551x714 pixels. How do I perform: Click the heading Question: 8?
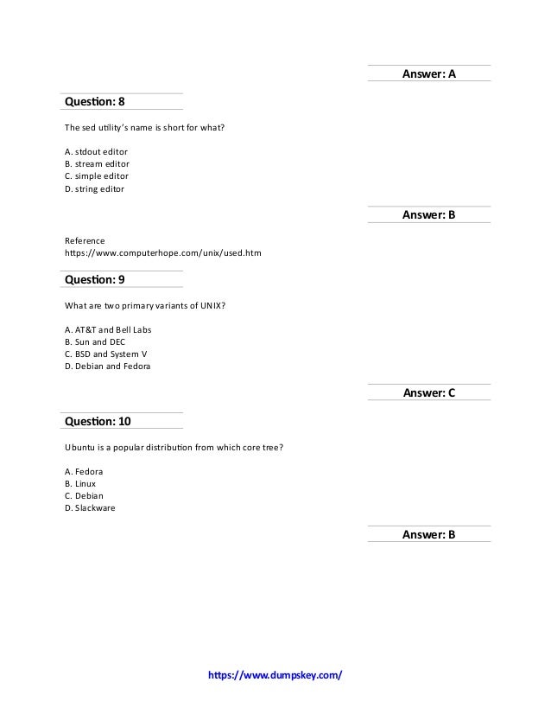[95, 102]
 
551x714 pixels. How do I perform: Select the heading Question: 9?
[95, 279]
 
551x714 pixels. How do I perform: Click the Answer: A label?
[429, 74]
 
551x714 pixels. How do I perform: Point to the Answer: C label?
[429, 393]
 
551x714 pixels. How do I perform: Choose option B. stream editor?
[97, 163]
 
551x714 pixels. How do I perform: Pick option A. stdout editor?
[97, 151]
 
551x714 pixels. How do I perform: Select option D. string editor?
[95, 188]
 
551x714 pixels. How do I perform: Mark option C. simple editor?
[97, 175]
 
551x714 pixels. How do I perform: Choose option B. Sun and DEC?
[95, 342]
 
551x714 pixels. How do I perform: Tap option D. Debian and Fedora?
[107, 367]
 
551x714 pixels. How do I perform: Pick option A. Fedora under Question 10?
[84, 472]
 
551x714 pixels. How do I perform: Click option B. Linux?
[80, 484]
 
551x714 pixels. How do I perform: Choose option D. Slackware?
[90, 508]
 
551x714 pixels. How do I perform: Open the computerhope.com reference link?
[163, 253]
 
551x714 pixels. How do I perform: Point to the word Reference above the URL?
[85, 240]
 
